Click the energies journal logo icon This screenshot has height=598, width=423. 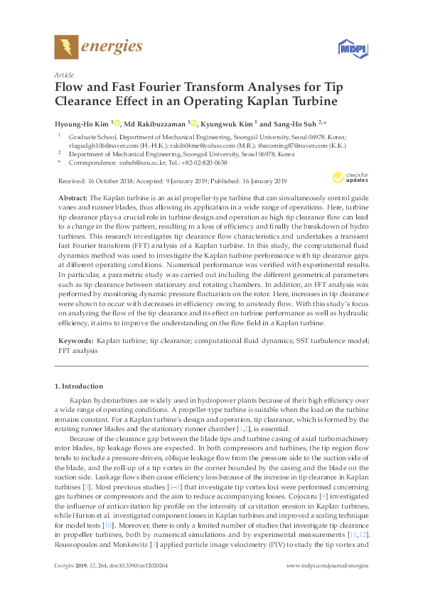pos(67,48)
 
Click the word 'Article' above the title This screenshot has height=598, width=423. pos(64,74)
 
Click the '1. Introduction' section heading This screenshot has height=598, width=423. pos(78,386)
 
